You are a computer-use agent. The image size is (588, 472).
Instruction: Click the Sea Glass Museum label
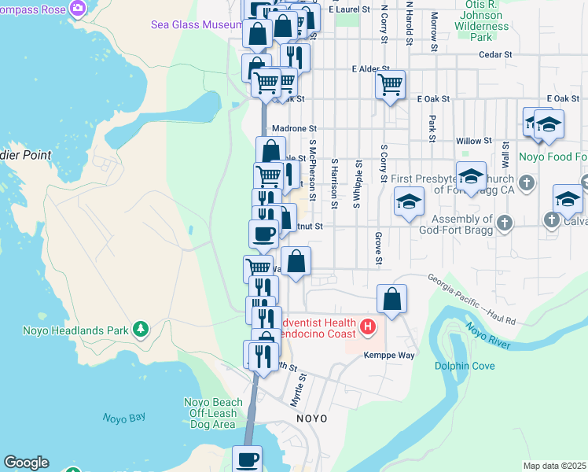point(197,25)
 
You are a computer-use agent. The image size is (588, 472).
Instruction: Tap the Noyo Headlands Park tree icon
point(140,328)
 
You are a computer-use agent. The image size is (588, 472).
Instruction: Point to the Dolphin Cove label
point(465,365)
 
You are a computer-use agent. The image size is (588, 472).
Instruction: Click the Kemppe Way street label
point(388,355)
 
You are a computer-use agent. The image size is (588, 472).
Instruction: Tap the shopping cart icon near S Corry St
point(391,83)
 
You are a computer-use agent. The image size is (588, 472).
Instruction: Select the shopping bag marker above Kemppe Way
point(391,299)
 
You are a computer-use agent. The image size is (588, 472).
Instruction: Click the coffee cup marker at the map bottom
point(248,459)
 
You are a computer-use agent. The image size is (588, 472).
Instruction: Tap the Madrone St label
point(293,128)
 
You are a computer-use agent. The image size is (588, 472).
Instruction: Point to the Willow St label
point(473,141)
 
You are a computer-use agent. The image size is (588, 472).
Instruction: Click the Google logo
point(26,463)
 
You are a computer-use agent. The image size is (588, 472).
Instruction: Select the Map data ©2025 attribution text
point(554,466)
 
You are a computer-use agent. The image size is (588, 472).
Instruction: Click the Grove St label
point(378,248)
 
